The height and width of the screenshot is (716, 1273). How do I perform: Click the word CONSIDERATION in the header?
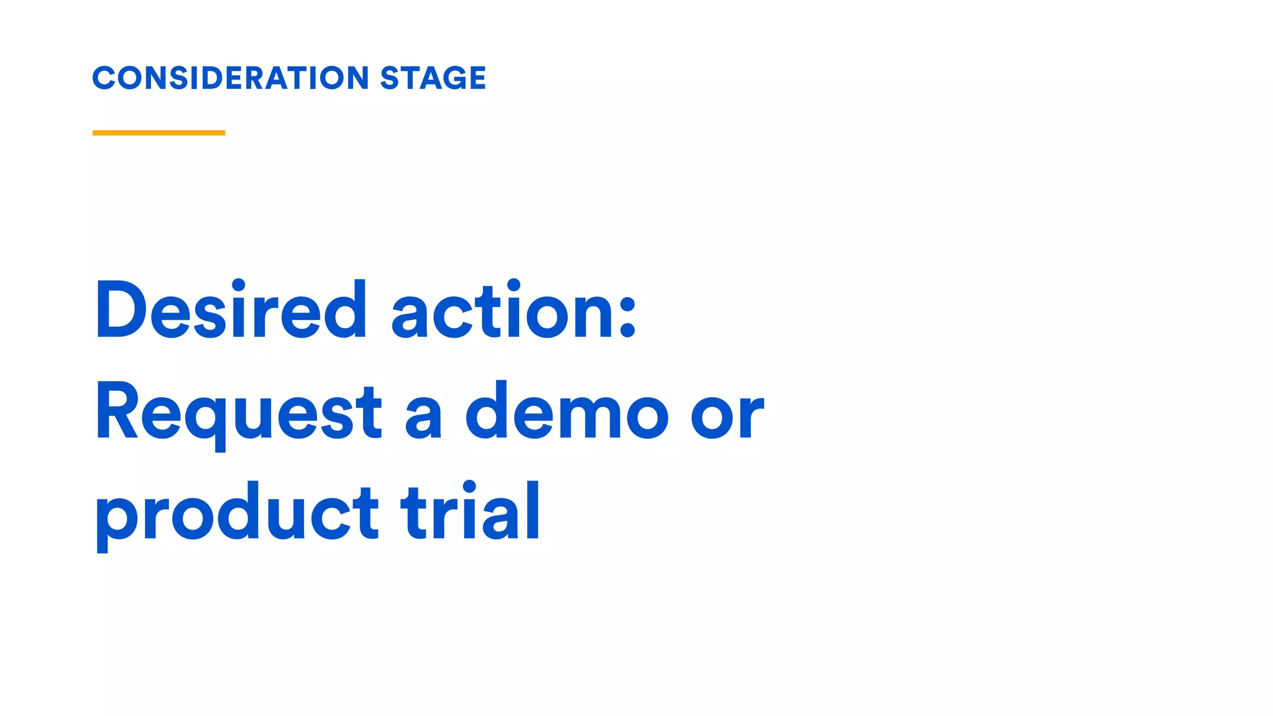231,78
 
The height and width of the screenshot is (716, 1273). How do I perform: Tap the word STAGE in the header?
433,78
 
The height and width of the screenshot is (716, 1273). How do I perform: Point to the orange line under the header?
159,132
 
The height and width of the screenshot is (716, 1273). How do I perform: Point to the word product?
237,513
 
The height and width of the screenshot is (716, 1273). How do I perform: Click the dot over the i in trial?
469,487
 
